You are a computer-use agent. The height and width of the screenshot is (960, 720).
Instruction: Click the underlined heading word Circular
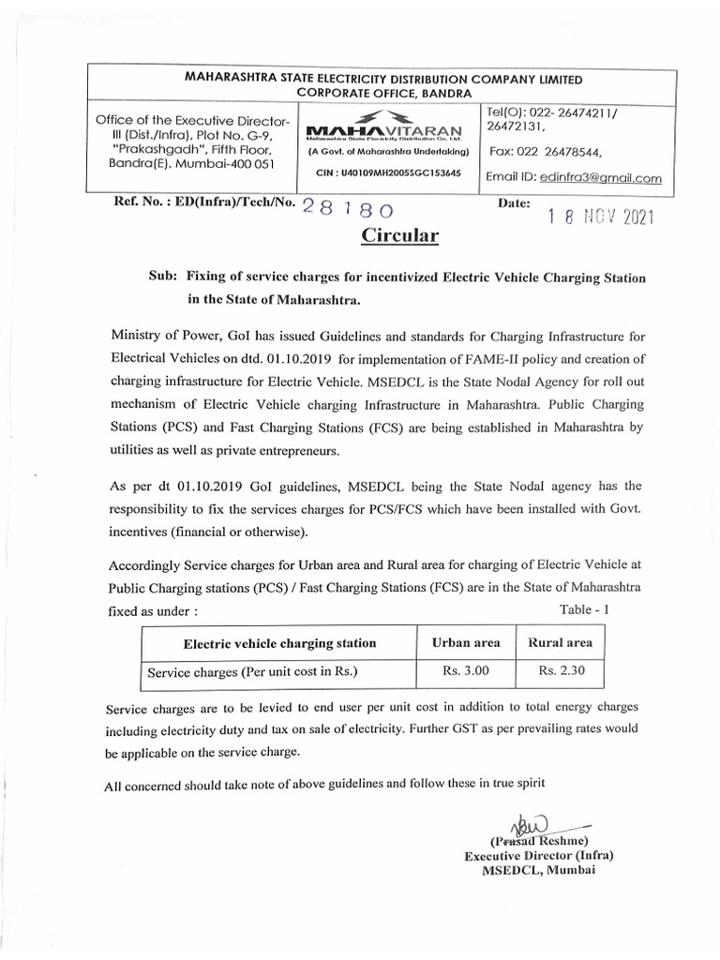pyautogui.click(x=400, y=235)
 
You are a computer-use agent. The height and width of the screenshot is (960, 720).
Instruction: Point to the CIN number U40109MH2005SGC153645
pyautogui.click(x=383, y=173)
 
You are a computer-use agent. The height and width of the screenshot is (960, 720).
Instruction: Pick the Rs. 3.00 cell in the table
pyautogui.click(x=466, y=671)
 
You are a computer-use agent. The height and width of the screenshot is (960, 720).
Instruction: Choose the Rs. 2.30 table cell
pyautogui.click(x=561, y=671)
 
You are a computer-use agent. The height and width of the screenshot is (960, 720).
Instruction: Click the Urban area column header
pyautogui.click(x=466, y=642)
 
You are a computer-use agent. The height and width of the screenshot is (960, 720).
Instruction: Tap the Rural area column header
pyautogui.click(x=561, y=642)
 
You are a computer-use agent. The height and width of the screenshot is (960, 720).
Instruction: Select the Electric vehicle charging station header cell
pyautogui.click(x=279, y=643)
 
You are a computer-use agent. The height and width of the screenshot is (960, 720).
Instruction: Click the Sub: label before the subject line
pyautogui.click(x=163, y=277)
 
